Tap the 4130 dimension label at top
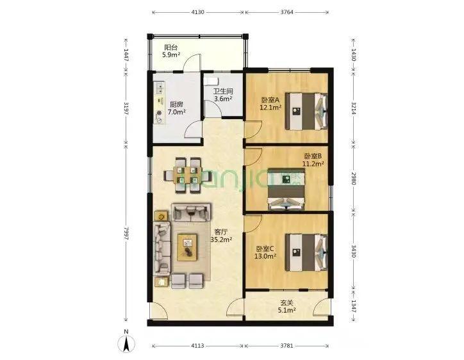click(197, 12)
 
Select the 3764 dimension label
click(286, 12)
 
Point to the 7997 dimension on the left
click(126, 233)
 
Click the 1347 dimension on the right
click(354, 306)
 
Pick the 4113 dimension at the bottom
click(197, 345)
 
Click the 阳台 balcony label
click(171, 47)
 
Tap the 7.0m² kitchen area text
click(176, 112)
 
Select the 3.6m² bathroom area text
click(224, 99)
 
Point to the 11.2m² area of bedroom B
click(313, 163)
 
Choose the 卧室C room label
click(265, 249)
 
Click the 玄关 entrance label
click(286, 303)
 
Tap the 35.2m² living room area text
click(221, 240)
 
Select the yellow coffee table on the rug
click(187, 247)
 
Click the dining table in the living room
click(186, 175)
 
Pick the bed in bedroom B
click(286, 190)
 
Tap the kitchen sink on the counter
click(160, 88)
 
